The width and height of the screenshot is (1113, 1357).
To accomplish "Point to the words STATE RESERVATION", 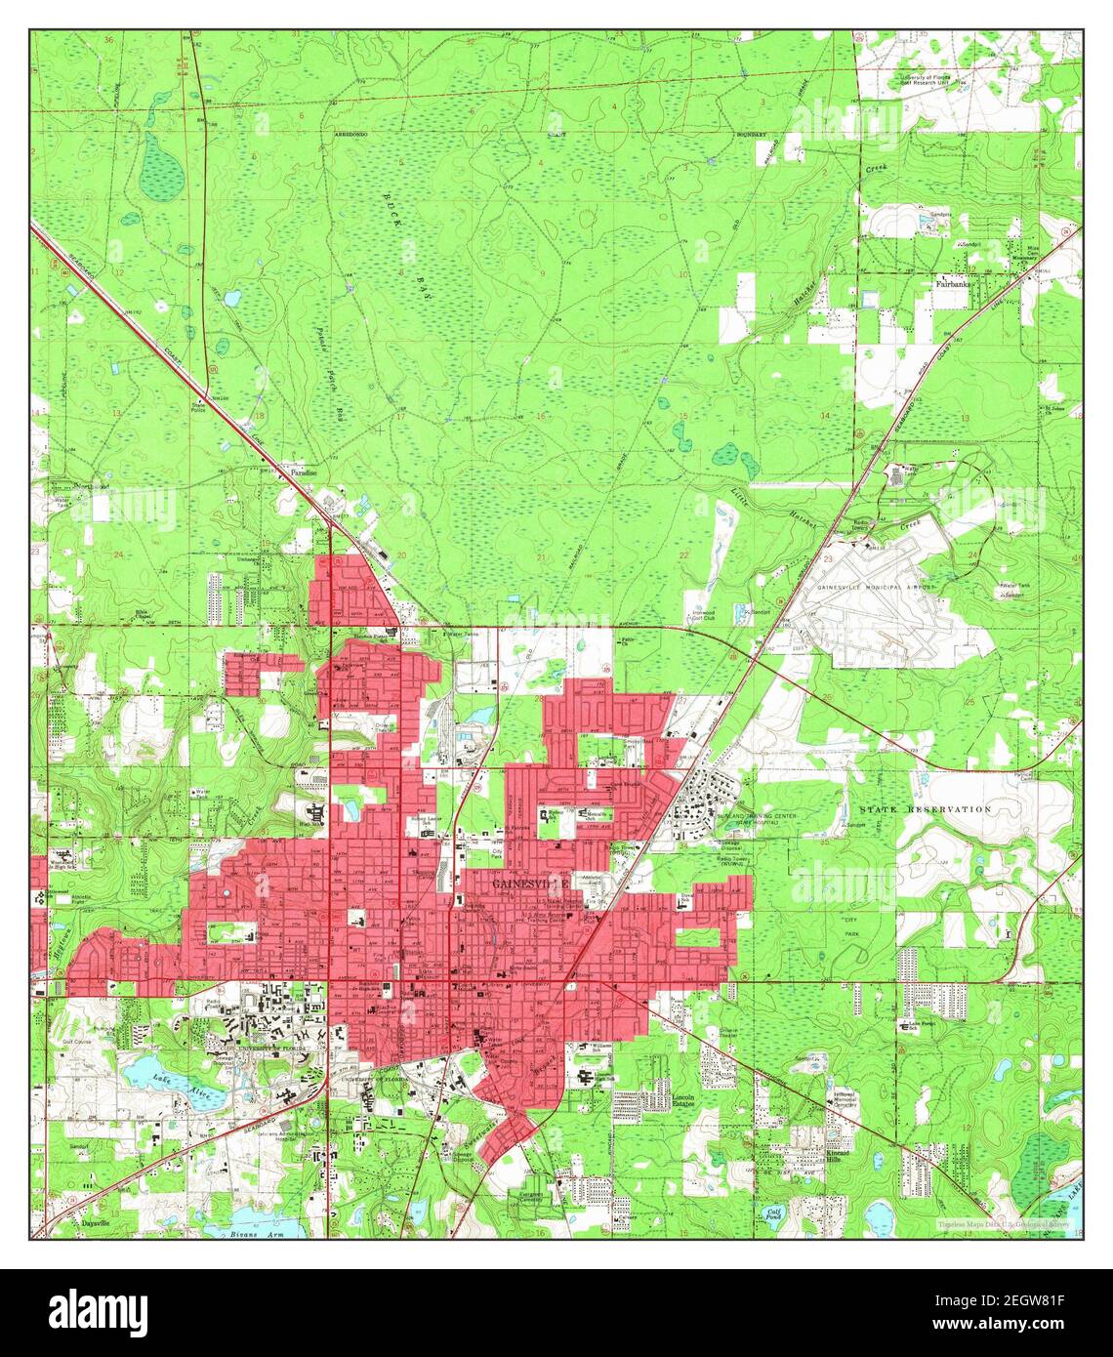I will [925, 809].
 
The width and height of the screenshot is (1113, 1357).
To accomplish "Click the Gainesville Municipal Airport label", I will [876, 587].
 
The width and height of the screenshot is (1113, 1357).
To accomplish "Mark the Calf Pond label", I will [773, 1213].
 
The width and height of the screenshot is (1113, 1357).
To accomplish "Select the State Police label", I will [201, 406].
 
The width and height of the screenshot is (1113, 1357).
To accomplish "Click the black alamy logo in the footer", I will [98, 1312].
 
